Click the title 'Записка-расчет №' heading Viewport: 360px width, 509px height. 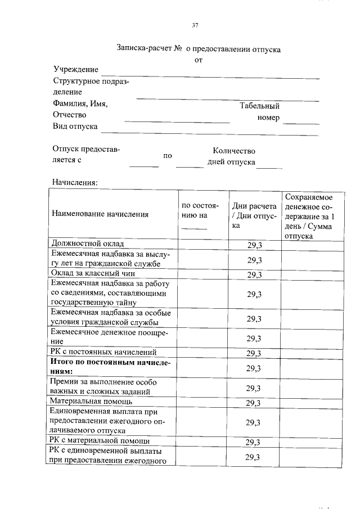click(148, 49)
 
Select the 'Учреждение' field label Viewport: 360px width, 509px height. click(75, 69)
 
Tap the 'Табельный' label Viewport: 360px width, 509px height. click(259, 106)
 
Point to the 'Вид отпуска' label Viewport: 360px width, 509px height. click(75, 126)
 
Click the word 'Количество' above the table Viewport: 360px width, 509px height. click(234, 151)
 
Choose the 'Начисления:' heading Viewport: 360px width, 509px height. click(75, 182)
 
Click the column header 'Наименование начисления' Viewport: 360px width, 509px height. click(100, 214)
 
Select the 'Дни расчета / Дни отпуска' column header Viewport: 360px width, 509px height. click(254, 215)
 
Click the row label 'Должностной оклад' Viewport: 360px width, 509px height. click(87, 244)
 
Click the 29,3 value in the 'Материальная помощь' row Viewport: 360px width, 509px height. click(254, 403)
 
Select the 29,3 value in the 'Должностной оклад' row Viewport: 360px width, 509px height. click(254, 245)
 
